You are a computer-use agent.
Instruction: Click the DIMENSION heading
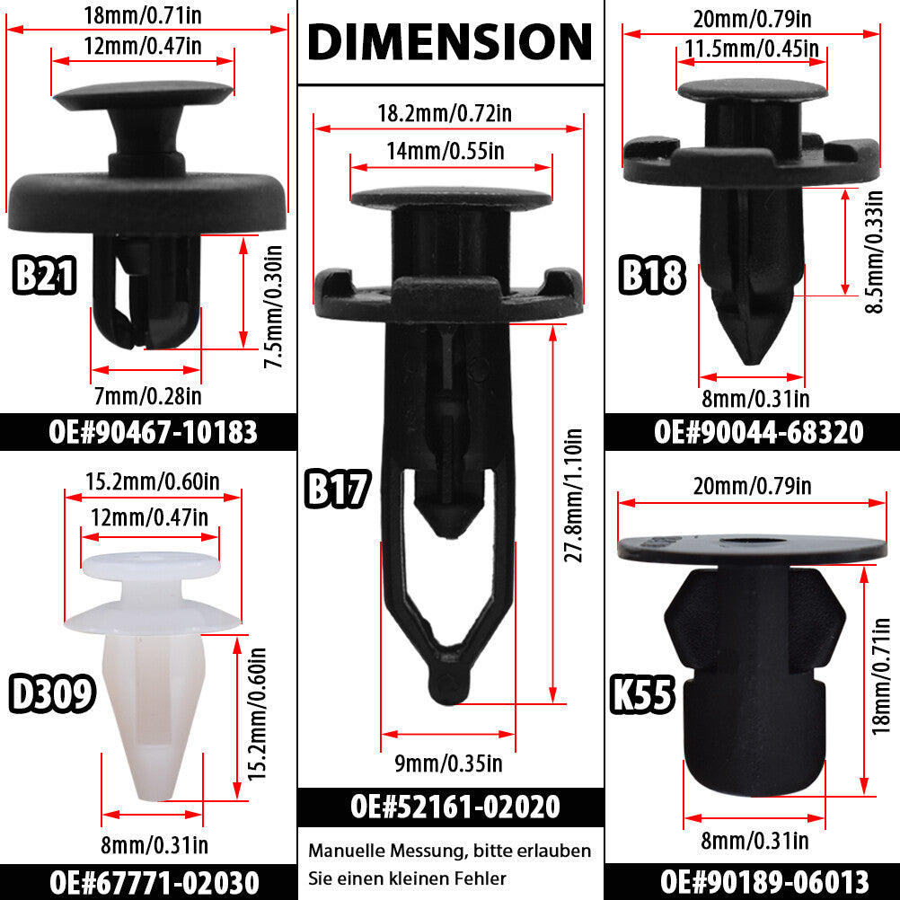pyautogui.click(x=450, y=41)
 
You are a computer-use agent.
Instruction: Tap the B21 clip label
pyautogui.click(x=44, y=276)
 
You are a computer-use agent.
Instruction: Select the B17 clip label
pyautogui.click(x=338, y=489)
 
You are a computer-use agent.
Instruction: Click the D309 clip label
pyautogui.click(x=52, y=693)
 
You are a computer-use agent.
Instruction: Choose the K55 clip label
pyautogui.click(x=641, y=694)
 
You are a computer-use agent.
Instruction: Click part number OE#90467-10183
pyautogui.click(x=153, y=432)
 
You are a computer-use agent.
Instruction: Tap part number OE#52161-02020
pyautogui.click(x=454, y=807)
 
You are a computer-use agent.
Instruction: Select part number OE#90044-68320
pyautogui.click(x=758, y=432)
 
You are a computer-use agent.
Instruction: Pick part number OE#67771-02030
pyautogui.click(x=154, y=882)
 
